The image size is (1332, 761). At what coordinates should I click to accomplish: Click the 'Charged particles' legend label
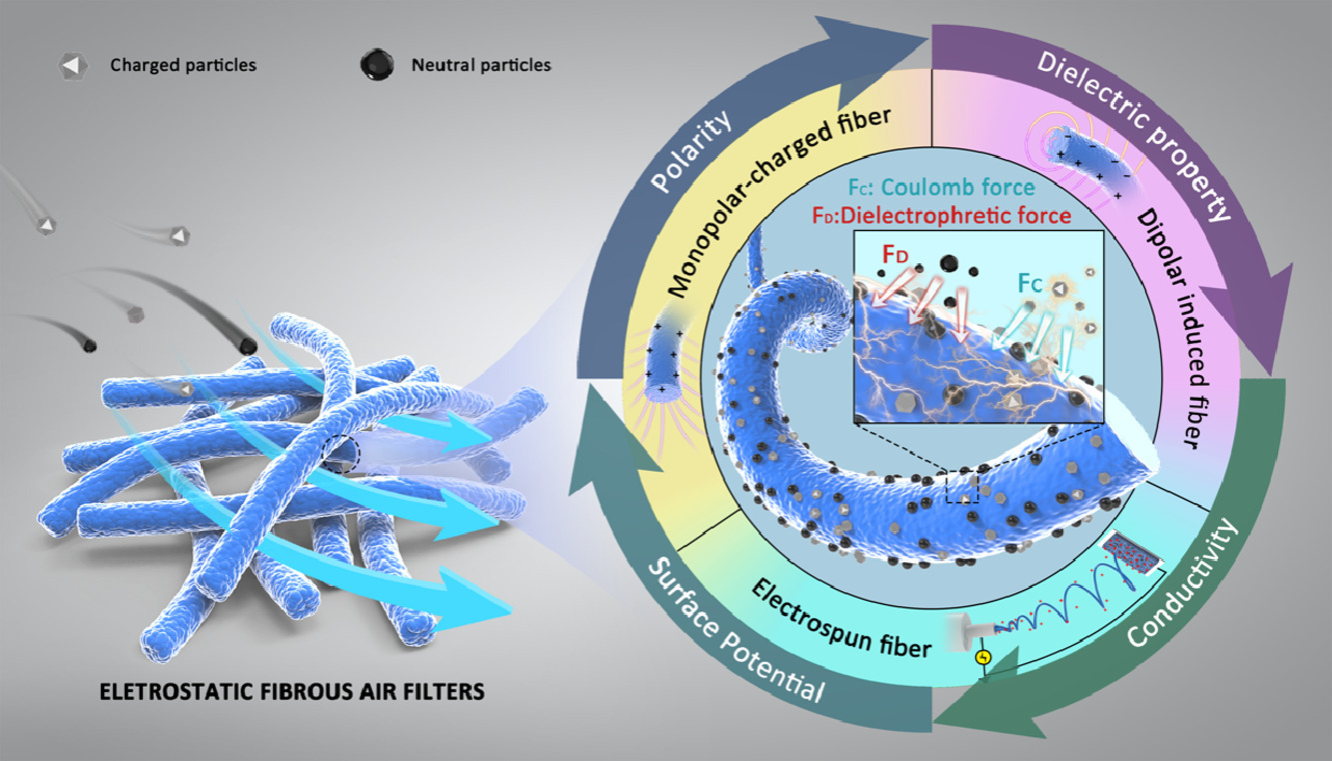pyautogui.click(x=184, y=66)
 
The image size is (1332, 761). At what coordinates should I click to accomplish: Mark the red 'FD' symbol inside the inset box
pyautogui.click(x=895, y=256)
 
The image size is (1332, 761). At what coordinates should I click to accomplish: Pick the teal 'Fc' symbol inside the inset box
pyautogui.click(x=1033, y=283)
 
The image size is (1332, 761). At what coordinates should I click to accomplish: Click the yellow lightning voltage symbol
pyautogui.click(x=984, y=658)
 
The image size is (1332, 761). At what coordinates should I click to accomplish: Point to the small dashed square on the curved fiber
pyautogui.click(x=961, y=487)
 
